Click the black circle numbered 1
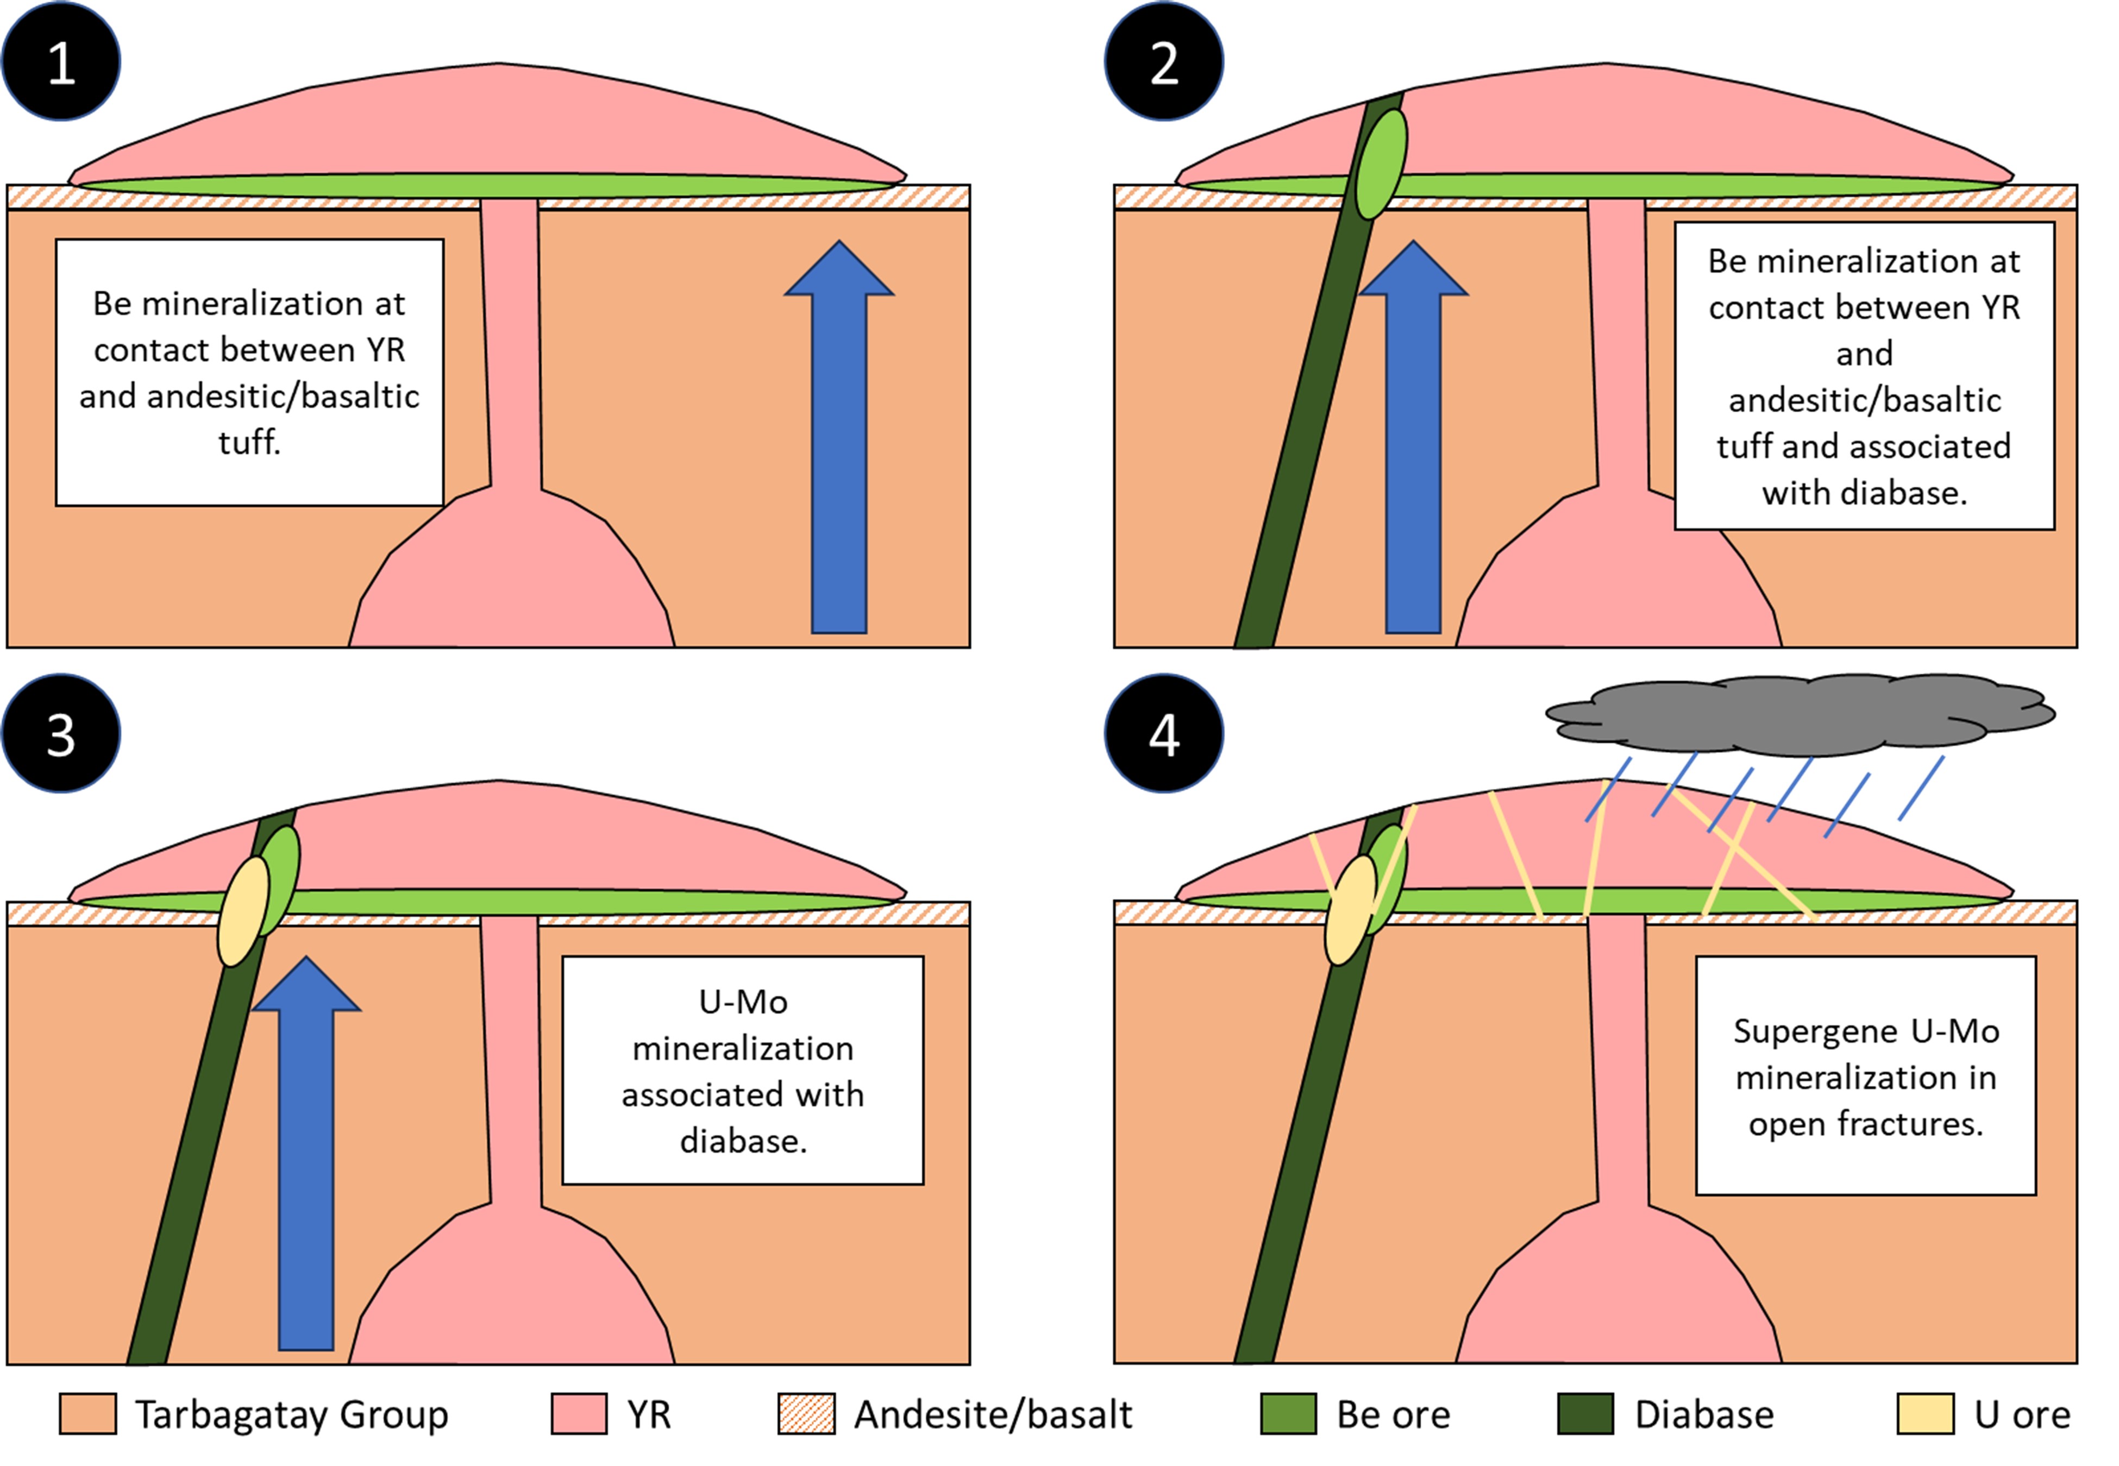pyautogui.click(x=61, y=61)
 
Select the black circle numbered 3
pyautogui.click(x=61, y=733)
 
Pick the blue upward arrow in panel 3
pyautogui.click(x=306, y=1153)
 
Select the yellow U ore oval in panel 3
pyautogui.click(x=243, y=911)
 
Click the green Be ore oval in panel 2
pyautogui.click(x=1382, y=165)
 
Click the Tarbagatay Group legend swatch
pyautogui.click(x=87, y=1414)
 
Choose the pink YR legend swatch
pyautogui.click(x=579, y=1414)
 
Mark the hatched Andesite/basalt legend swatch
pyautogui.click(x=806, y=1414)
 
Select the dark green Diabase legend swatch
pyautogui.click(x=1586, y=1414)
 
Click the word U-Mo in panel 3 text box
pyautogui.click(x=743, y=1001)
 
